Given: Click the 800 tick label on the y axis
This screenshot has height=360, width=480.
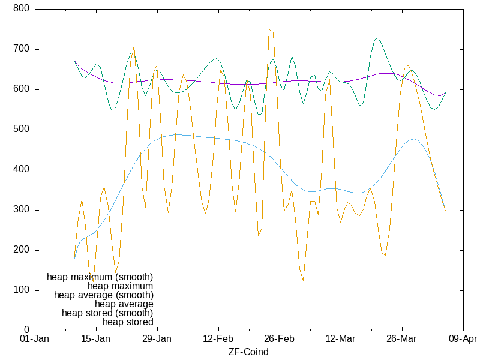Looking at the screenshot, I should tap(22, 9).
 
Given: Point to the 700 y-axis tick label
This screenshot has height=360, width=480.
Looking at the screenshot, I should tap(22, 49).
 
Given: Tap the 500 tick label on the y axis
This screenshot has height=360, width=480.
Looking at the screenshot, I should tap(22, 130).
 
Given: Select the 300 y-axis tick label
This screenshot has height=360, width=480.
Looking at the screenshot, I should tap(22, 210).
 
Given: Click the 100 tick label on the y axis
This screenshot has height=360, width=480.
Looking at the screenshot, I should tap(22, 290).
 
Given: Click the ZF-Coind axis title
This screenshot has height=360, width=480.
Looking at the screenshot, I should tap(248, 352).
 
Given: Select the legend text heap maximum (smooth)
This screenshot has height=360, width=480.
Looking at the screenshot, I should tap(100, 277).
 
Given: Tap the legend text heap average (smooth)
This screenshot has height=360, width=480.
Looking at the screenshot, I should tap(103, 295).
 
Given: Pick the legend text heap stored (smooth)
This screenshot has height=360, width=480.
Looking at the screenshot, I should tap(107, 313).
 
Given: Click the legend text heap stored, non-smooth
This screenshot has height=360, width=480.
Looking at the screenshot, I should tap(128, 322).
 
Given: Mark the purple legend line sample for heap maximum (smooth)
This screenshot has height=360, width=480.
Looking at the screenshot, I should tap(171, 277).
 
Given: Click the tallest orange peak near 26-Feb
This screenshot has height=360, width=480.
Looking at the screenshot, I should tap(269, 29).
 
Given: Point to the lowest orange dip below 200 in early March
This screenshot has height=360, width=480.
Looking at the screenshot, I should tap(303, 280).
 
